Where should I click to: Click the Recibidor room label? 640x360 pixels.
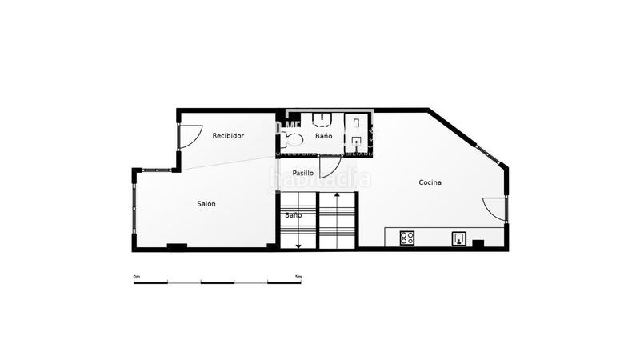click(x=228, y=136)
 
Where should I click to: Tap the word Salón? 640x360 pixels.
click(x=206, y=204)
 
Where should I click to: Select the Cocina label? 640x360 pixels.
click(x=430, y=182)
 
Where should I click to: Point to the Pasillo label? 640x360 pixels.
click(x=302, y=173)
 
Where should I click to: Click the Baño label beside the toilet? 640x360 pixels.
click(x=323, y=136)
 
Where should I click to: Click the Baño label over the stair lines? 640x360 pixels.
click(x=294, y=215)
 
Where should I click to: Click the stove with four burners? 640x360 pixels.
click(x=407, y=238)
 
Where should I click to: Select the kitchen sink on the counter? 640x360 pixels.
click(x=460, y=238)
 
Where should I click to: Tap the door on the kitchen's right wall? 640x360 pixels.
click(x=496, y=210)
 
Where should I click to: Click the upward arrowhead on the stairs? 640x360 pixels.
click(x=338, y=194)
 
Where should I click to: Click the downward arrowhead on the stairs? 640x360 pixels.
click(x=298, y=246)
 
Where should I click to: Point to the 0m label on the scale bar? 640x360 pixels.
click(x=136, y=277)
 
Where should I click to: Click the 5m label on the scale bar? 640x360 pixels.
click(x=298, y=277)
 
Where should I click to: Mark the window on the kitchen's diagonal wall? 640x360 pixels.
click(x=487, y=154)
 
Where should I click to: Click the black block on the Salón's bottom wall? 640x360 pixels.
click(x=177, y=246)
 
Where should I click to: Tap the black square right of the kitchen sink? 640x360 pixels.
click(x=478, y=243)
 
